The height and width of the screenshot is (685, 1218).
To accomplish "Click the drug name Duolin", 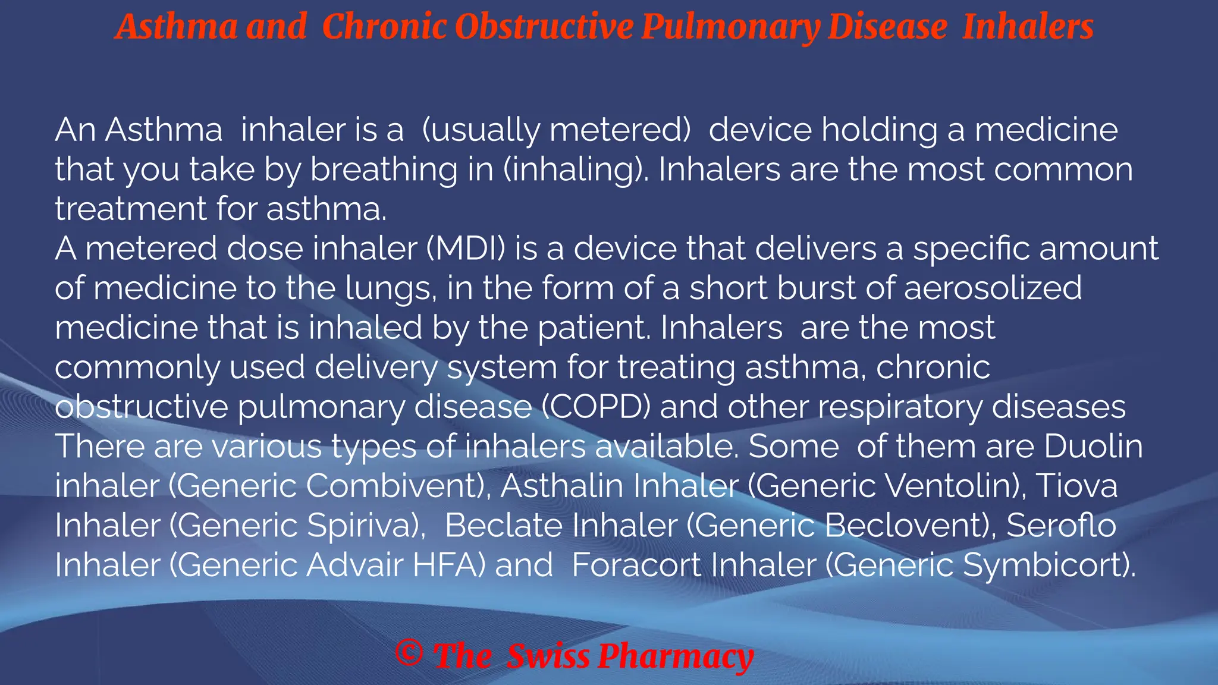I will click(x=1093, y=447).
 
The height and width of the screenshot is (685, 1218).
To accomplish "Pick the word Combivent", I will click(x=395, y=486).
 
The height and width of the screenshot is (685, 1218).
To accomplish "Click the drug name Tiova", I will click(x=1076, y=486).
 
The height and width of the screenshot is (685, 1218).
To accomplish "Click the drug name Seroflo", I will click(x=1061, y=526).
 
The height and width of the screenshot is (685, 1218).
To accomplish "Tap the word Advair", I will click(x=354, y=565).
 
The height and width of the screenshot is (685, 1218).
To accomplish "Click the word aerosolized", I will click(x=993, y=288).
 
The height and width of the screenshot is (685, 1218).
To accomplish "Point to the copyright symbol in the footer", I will click(x=409, y=654).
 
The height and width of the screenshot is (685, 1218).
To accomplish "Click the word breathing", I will click(x=384, y=170).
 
